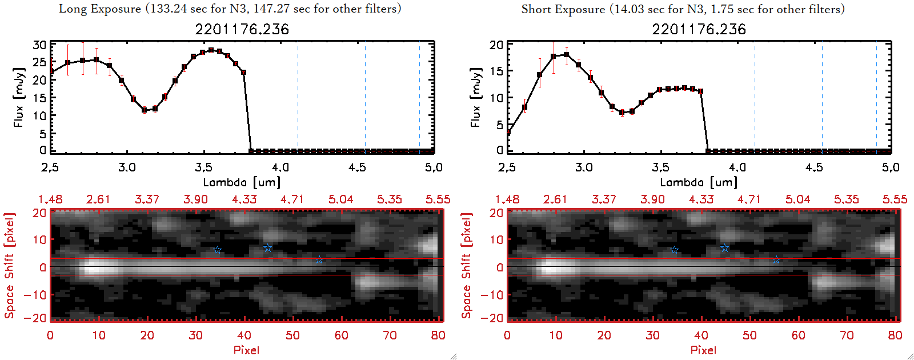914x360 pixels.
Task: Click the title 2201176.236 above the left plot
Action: click(x=242, y=29)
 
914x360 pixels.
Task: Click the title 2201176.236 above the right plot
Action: click(x=699, y=29)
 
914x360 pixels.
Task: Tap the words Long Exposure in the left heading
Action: click(x=100, y=9)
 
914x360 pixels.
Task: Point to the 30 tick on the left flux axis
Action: click(x=39, y=45)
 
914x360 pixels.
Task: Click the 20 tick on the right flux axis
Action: click(x=496, y=45)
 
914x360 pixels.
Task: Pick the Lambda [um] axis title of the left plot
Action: click(x=242, y=182)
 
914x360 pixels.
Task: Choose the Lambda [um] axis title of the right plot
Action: click(x=699, y=182)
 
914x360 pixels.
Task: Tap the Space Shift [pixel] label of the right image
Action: click(x=467, y=266)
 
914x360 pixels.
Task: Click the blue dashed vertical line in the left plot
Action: click(x=419, y=97)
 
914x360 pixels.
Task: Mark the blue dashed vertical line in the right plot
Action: click(x=876, y=97)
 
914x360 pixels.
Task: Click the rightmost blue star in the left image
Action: click(x=319, y=260)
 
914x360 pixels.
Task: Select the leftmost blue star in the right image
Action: click(x=674, y=250)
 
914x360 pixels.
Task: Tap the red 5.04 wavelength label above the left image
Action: click(x=340, y=199)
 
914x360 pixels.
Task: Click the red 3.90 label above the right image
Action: click(x=652, y=199)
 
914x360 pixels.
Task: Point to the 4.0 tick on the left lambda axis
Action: click(x=280, y=167)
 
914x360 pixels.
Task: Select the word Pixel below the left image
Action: click(x=246, y=350)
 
